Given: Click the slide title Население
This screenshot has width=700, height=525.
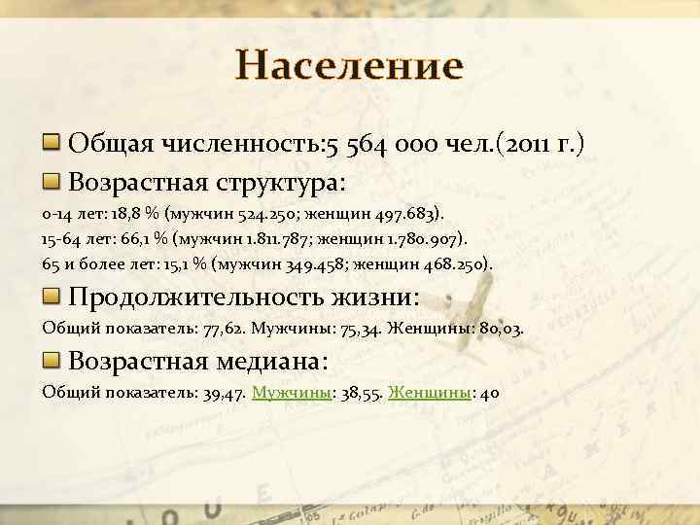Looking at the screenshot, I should tap(350, 67).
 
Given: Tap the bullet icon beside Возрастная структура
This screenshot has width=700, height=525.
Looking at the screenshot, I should tap(52, 182).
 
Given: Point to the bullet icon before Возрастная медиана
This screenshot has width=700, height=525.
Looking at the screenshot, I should tap(52, 361).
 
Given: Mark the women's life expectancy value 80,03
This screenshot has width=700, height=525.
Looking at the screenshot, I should tap(502, 329).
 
